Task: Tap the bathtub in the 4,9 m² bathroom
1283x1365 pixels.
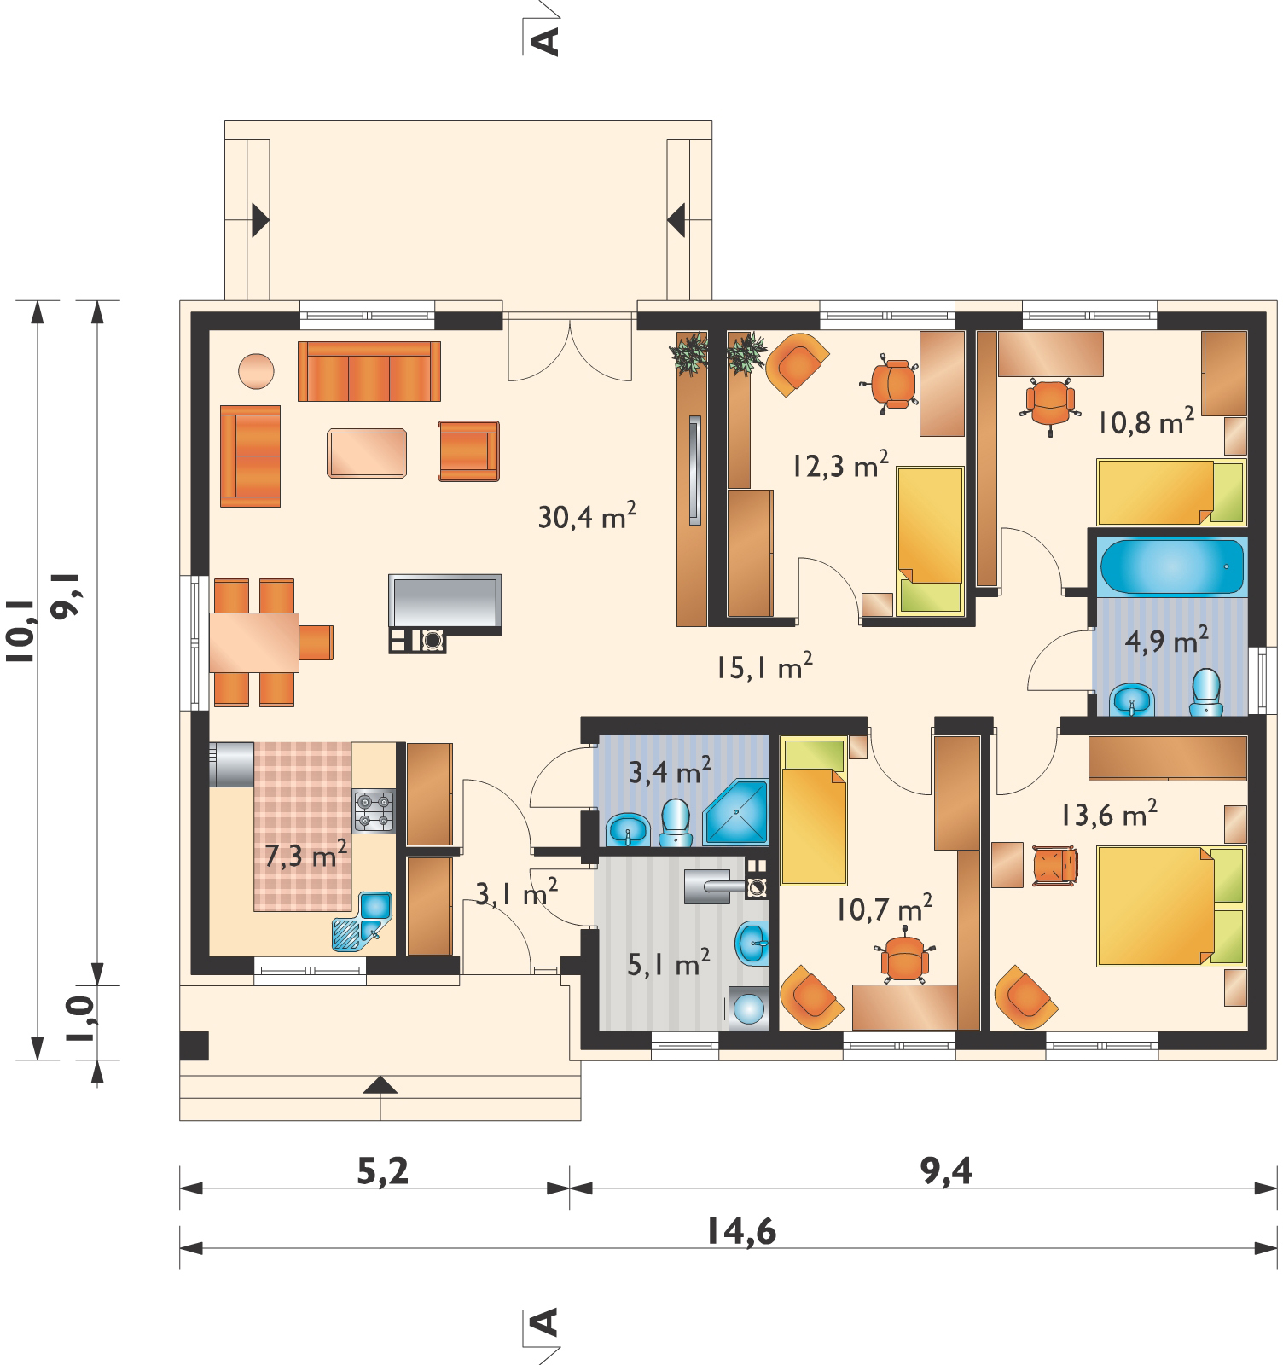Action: point(1171,566)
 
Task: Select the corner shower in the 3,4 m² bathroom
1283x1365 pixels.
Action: point(737,810)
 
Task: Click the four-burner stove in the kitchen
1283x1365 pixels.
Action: point(374,811)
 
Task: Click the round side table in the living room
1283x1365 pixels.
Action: point(257,371)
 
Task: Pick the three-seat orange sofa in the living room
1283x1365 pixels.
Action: point(369,371)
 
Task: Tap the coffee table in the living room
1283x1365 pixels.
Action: point(367,452)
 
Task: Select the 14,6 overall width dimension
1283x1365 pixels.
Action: point(741,1232)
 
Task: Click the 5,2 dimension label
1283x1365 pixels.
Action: point(381,1171)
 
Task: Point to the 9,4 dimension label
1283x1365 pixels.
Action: point(944,1171)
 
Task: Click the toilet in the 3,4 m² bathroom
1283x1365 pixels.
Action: point(676,822)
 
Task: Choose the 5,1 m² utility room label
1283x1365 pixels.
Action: point(670,965)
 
